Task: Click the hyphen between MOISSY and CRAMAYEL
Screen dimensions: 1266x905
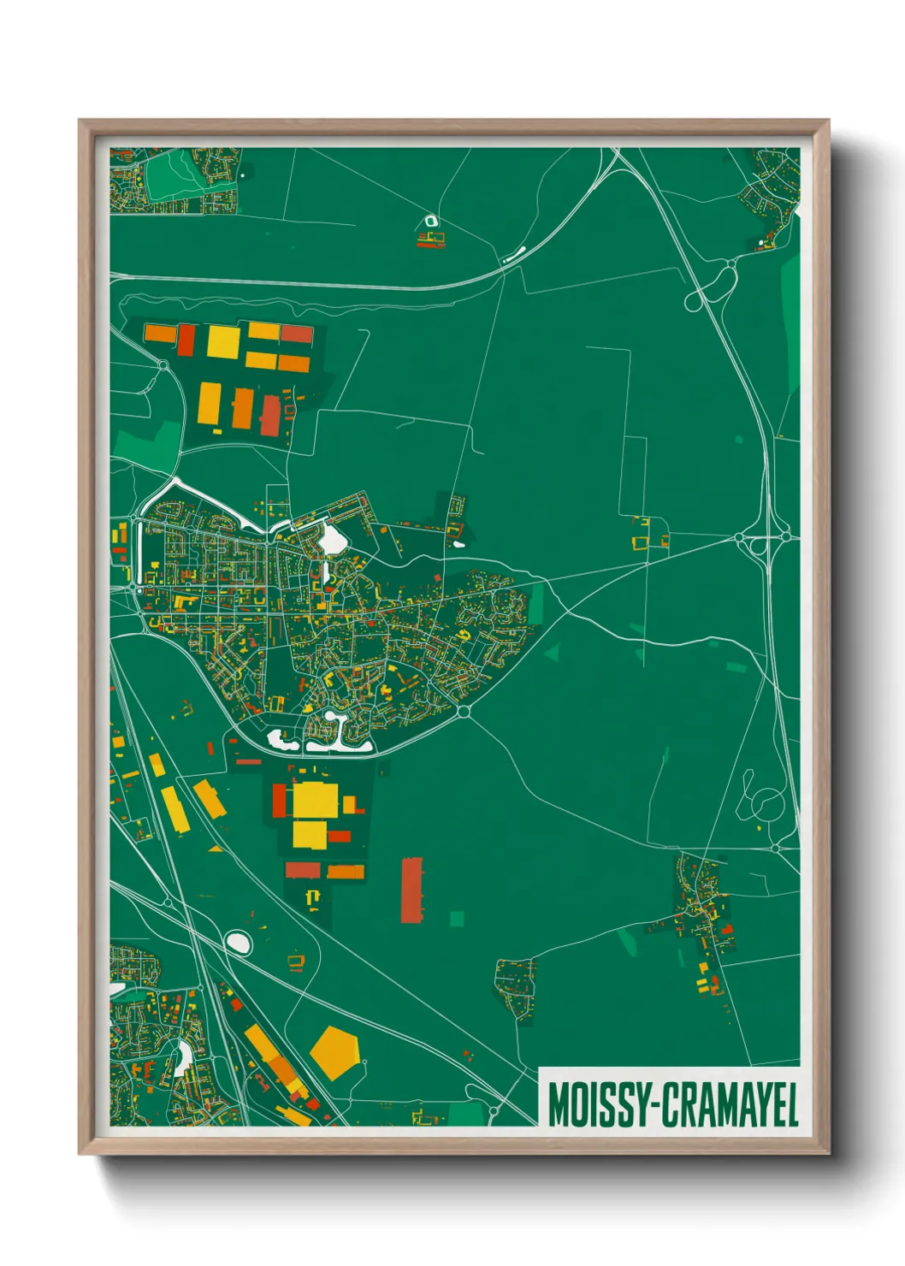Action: click(x=656, y=1106)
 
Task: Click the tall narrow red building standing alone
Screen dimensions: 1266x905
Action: click(x=411, y=890)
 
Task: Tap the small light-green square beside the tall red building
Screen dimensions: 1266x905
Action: click(x=457, y=919)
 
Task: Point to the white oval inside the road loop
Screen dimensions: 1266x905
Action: click(x=238, y=943)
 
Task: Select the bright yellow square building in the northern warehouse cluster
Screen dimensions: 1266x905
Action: click(x=223, y=341)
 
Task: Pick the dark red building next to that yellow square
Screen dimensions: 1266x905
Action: click(x=186, y=340)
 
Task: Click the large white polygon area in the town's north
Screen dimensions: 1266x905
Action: click(x=330, y=540)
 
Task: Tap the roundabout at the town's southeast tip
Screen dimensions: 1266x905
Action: click(x=464, y=711)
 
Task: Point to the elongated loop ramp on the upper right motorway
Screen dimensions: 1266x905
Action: click(x=713, y=286)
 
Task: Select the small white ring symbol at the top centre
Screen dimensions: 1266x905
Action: click(x=430, y=222)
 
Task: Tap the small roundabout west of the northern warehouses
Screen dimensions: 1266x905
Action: click(x=163, y=367)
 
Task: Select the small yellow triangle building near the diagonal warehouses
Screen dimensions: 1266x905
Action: click(x=216, y=849)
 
